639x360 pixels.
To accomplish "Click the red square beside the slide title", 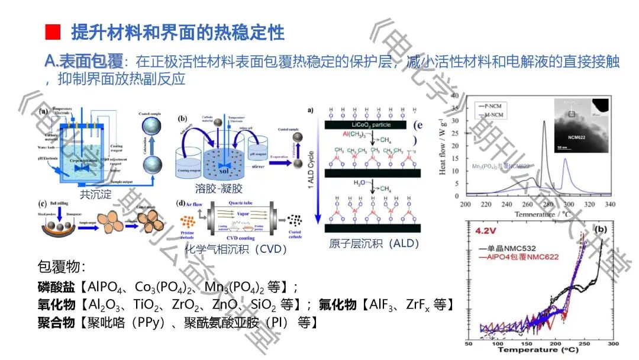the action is [x=53, y=32].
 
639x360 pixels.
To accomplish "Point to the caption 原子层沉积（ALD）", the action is [x=374, y=243].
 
